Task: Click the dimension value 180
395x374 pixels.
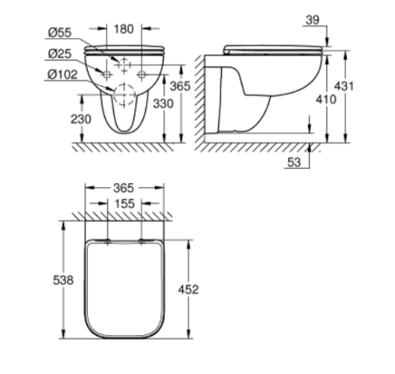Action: point(123,29)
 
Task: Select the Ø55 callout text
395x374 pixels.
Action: point(60,32)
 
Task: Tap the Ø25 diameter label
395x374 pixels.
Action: point(60,54)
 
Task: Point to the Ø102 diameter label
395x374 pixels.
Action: point(62,75)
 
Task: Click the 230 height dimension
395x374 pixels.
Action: point(81,119)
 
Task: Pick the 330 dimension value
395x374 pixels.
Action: point(164,103)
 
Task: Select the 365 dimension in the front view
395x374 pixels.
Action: point(180,86)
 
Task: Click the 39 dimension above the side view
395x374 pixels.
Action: point(313,20)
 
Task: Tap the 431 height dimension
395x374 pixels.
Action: point(344,86)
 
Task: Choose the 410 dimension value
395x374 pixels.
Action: point(326,99)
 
